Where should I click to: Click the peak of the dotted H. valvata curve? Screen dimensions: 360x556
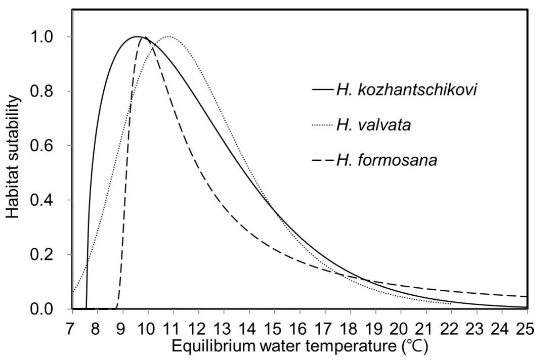(169, 37)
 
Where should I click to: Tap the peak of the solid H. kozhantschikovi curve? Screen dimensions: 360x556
(137, 37)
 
